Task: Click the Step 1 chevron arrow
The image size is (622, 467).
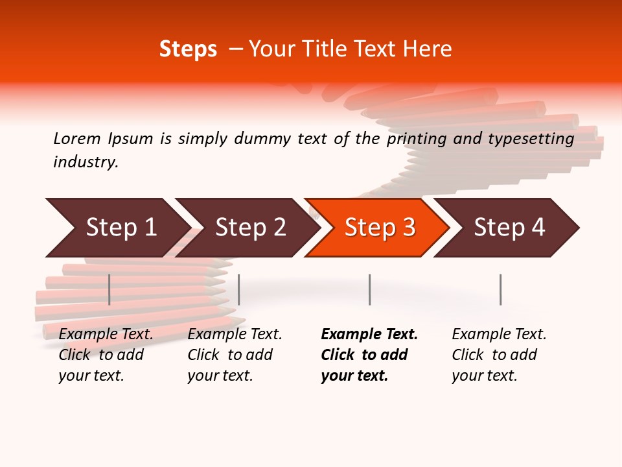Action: [x=117, y=228]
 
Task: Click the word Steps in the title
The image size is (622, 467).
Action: [x=188, y=49]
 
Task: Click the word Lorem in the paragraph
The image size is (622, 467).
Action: [x=77, y=139]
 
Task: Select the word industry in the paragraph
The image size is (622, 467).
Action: [x=86, y=162]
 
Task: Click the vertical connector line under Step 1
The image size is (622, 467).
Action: [x=109, y=289]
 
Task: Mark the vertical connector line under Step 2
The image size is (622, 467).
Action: [x=239, y=289]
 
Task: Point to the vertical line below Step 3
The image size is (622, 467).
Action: [x=369, y=289]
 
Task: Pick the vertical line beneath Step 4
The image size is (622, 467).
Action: [x=500, y=289]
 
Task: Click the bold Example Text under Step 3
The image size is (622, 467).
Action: [x=369, y=335]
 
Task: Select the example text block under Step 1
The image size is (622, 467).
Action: [x=106, y=355]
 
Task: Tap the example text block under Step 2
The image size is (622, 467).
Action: [x=235, y=355]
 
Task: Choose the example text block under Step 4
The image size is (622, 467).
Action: [x=499, y=355]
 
